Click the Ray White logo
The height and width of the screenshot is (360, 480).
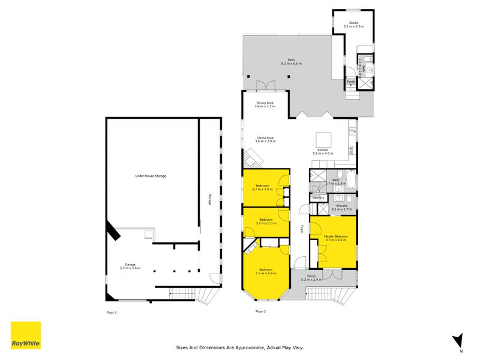point(26,335)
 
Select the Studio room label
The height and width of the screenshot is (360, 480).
point(353,25)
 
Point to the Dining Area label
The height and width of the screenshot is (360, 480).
point(265,104)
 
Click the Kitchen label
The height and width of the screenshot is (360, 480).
point(322,152)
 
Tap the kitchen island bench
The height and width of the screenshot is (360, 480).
point(322,137)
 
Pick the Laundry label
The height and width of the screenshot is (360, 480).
point(319,197)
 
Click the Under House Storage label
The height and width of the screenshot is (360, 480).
point(151,176)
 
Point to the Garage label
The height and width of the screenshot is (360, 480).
point(130,266)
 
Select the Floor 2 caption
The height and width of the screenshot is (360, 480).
point(260,311)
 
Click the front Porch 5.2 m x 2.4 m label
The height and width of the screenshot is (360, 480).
point(311,278)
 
